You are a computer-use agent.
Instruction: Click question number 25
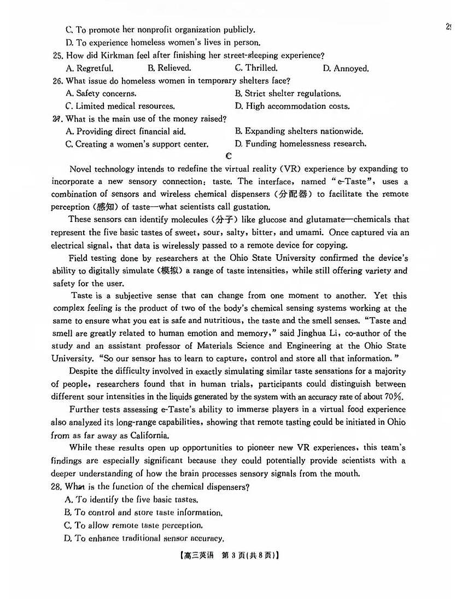point(57,55)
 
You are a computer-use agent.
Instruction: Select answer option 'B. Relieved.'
point(169,68)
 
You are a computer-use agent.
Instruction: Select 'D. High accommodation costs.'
point(292,106)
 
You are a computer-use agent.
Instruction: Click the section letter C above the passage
point(229,156)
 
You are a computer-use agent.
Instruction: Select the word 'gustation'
point(249,207)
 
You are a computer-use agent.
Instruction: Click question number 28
point(57,487)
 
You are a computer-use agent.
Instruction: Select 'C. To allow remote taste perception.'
point(133,525)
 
